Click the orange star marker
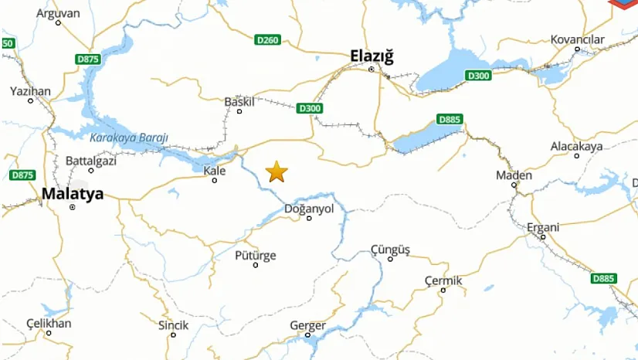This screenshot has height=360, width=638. tap(277, 172)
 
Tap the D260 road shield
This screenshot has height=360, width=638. tap(267, 39)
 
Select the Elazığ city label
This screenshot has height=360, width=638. tap(372, 56)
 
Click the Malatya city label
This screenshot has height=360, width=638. tap(72, 194)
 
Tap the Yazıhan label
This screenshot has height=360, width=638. tap(30, 91)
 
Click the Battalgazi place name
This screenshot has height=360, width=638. tap(90, 160)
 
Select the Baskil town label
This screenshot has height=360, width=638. tap(239, 101)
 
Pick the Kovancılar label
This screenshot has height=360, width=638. tap(576, 39)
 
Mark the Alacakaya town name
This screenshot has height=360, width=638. tap(576, 146)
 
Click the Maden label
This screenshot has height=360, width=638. tap(514, 175)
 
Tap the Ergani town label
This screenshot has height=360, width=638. tap(543, 227)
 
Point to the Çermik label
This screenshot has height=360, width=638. tap(443, 280)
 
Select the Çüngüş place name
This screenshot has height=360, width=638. tap(390, 249)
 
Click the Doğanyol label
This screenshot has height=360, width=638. tap(309, 209)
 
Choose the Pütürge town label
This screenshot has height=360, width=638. tap(254, 255)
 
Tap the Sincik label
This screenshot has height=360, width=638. tap(173, 325)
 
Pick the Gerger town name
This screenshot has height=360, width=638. tap(307, 325)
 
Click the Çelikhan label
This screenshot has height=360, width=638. tap(49, 323)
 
